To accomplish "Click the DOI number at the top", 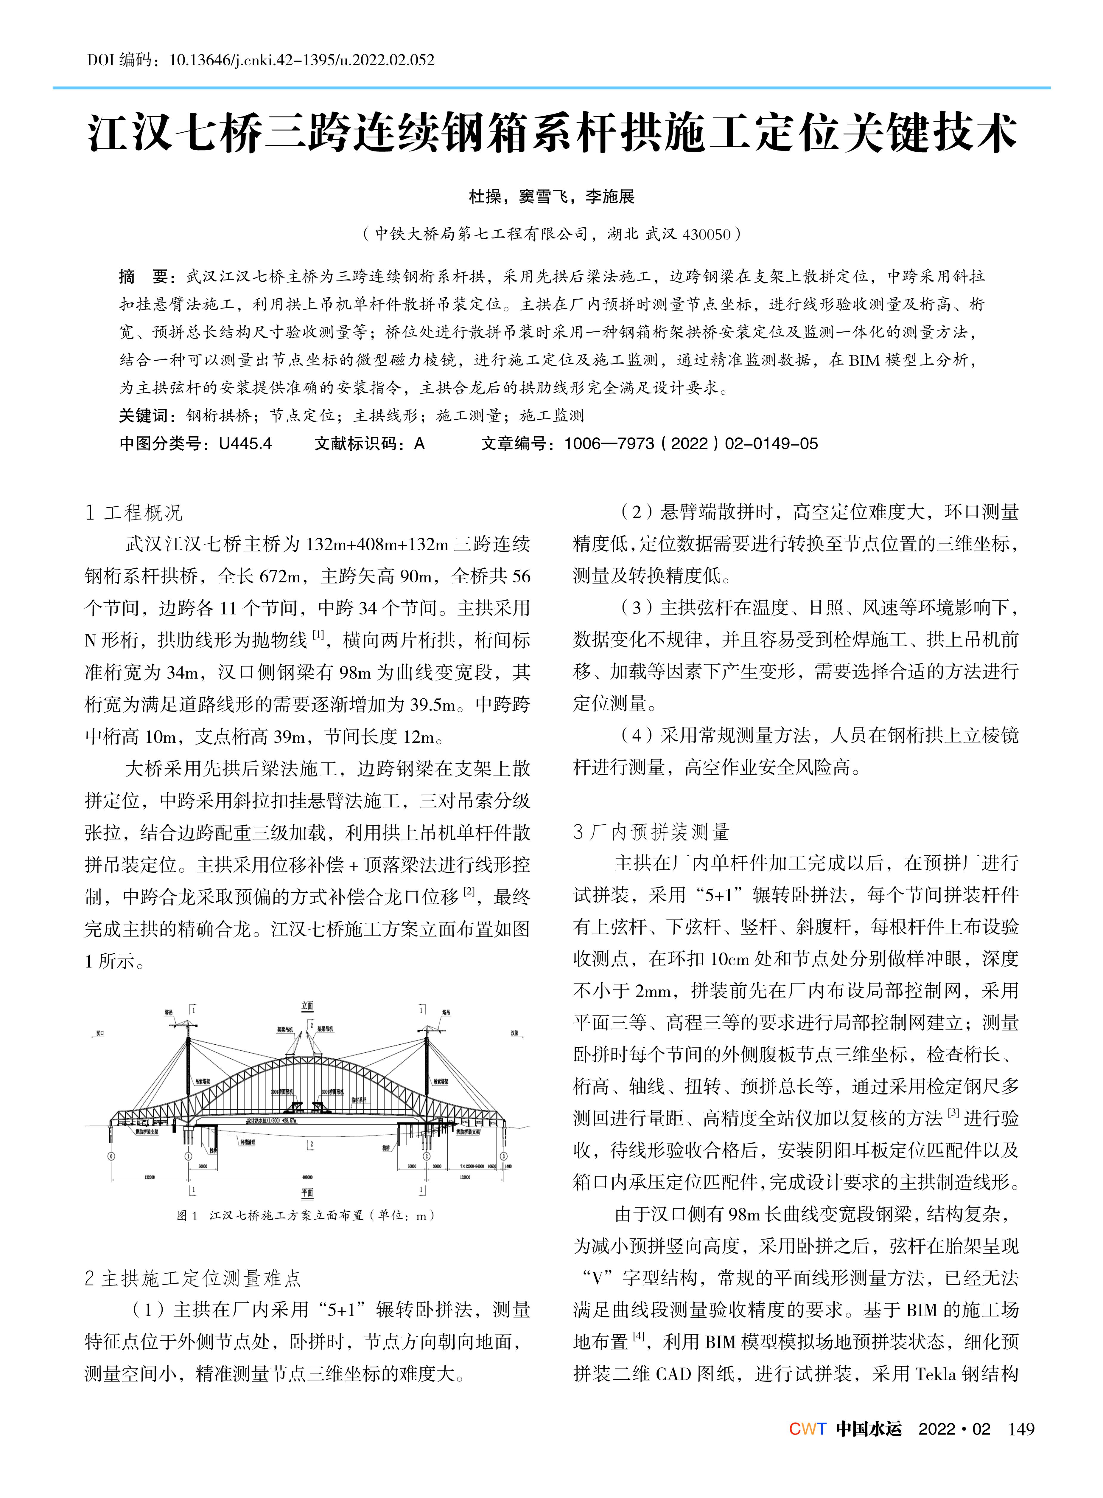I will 302,60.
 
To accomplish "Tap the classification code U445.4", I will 245,444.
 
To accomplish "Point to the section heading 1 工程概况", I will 133,512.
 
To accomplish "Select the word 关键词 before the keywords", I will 144,415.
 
